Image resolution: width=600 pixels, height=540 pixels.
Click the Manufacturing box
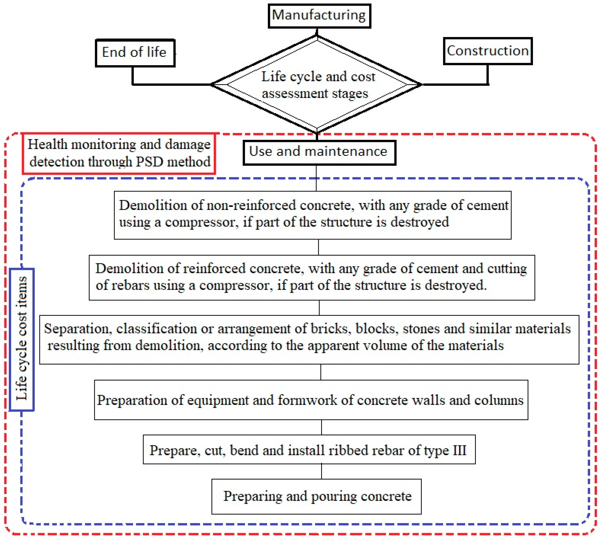pos(319,16)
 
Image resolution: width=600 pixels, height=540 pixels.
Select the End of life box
pos(135,53)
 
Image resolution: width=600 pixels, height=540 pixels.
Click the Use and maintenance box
pos(319,153)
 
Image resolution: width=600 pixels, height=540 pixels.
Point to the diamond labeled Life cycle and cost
pos(317,85)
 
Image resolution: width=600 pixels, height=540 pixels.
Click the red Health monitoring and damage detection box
pos(119,153)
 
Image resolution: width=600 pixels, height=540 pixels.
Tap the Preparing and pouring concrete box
pos(316,497)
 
